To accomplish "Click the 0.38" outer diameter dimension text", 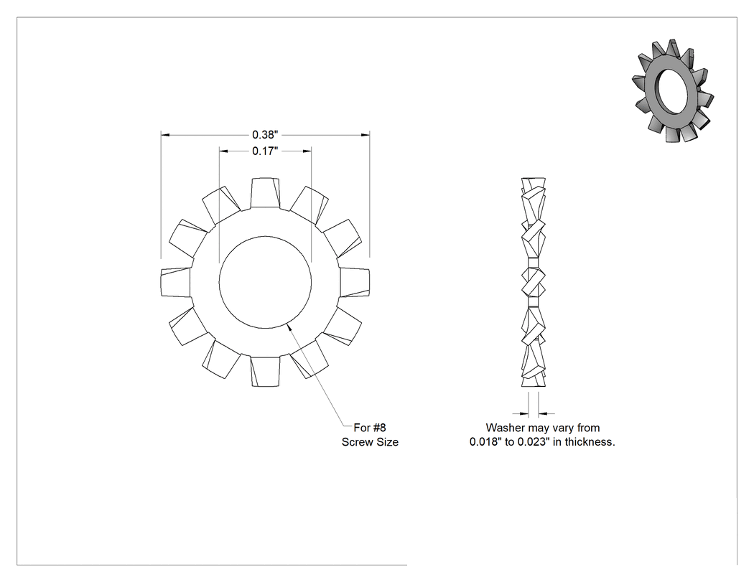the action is tap(265, 135).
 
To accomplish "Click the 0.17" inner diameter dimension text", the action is tap(265, 151).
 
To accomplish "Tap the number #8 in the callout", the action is tap(379, 427).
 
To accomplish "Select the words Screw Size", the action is tap(370, 442).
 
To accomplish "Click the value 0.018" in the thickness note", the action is tap(485, 441).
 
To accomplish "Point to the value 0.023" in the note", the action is tap(534, 441).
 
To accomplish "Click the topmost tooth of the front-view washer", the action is tap(265, 193).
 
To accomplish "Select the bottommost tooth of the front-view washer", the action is tap(265, 371).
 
